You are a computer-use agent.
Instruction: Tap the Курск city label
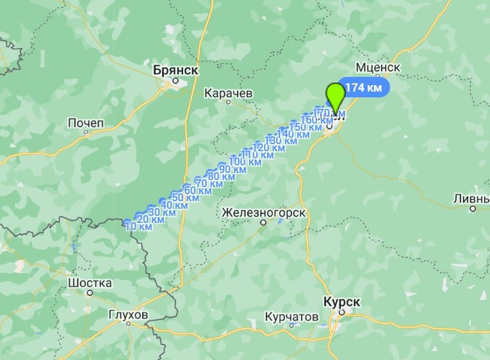pos(342,301)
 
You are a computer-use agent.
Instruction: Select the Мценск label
pos(378,67)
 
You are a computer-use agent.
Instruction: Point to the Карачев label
pos(229,94)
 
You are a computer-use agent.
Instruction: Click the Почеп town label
pos(85,122)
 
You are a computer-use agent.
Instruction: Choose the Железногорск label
pos(263,212)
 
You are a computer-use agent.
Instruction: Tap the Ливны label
pos(471,198)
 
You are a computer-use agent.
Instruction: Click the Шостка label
pos(90,283)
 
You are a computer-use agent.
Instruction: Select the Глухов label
pos(129,315)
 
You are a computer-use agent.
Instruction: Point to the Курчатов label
pos(291,317)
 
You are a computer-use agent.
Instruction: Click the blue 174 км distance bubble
pos(363,87)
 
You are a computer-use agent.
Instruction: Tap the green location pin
pos(335,97)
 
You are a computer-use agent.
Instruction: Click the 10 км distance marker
pos(138,226)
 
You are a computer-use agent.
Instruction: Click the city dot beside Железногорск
pos(263,223)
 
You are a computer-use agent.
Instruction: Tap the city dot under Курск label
pos(342,313)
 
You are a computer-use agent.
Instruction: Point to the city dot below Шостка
pos(90,293)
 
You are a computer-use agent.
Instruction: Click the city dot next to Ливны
pos(473,208)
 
